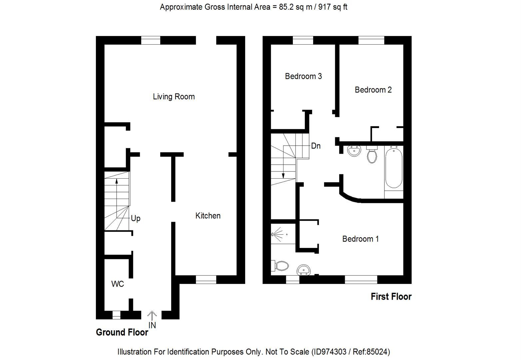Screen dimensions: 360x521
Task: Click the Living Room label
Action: pos(174,97)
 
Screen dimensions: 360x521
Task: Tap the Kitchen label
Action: pos(208,216)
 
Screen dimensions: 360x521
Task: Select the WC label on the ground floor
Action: pos(117,284)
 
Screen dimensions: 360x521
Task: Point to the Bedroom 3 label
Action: pos(303,76)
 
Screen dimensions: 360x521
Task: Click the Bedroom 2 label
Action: pos(373,90)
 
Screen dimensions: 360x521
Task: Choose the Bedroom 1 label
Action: pos(360,239)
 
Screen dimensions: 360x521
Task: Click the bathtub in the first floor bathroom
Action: pos(394,168)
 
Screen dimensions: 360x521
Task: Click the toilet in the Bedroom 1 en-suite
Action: pos(280,266)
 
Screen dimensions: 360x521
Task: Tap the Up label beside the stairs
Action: pos(136,218)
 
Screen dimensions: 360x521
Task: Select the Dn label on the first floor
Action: pos(315,146)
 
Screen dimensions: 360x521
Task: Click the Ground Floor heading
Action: pos(122,332)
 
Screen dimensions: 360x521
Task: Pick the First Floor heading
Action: pos(391,297)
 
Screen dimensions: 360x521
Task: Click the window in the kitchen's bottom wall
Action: pos(206,279)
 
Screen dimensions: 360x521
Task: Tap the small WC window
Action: pos(116,315)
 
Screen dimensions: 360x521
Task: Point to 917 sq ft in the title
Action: pos(333,7)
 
